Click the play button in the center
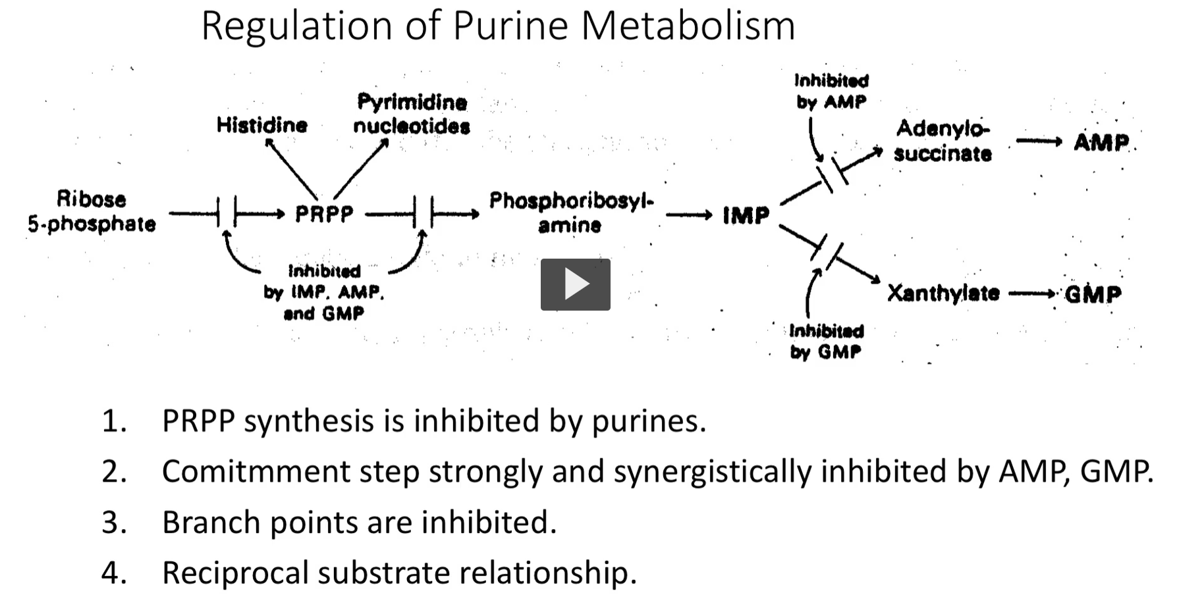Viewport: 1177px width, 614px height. coord(575,284)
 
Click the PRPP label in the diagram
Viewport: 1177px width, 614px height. coord(324,215)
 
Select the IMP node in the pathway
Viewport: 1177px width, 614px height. coord(746,215)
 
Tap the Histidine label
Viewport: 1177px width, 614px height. coord(262,125)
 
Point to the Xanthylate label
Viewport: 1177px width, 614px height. coord(943,293)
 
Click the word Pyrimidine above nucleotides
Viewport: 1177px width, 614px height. coord(412,102)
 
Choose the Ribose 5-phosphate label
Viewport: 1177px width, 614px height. coord(92,211)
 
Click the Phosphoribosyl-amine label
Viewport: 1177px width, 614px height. coord(571,213)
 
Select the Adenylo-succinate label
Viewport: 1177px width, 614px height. coord(943,140)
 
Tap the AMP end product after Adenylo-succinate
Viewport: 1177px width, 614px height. coord(1101,142)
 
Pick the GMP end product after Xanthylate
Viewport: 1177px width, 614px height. coord(1093,294)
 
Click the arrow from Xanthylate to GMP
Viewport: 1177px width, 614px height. coord(1035,294)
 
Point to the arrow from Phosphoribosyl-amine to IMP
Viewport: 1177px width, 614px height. coord(689,215)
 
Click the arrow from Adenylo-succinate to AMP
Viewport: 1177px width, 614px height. coord(1039,141)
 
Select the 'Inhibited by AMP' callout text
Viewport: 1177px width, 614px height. coord(831,91)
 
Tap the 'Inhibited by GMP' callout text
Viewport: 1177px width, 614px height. coord(826,341)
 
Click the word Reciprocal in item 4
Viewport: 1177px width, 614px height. coord(235,573)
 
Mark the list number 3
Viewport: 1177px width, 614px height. coord(114,523)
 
